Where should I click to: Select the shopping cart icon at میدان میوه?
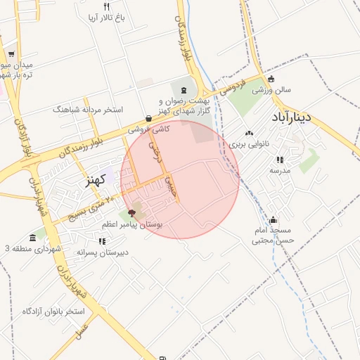pyautogui.click(x=11, y=54)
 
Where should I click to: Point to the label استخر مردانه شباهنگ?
pyautogui.click(x=87, y=110)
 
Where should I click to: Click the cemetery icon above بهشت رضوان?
pyautogui.click(x=184, y=90)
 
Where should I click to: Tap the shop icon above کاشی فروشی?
pyautogui.click(x=148, y=118)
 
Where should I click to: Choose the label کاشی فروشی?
pyautogui.click(x=148, y=129)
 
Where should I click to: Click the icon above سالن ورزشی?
pyautogui.click(x=271, y=79)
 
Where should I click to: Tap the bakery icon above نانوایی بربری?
pyautogui.click(x=249, y=133)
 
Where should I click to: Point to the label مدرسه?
pyautogui.click(x=280, y=170)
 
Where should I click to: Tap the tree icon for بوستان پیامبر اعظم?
pyautogui.click(x=132, y=212)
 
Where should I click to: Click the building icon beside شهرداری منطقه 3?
pyautogui.click(x=32, y=238)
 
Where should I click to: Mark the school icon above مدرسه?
pyautogui.click(x=280, y=160)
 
